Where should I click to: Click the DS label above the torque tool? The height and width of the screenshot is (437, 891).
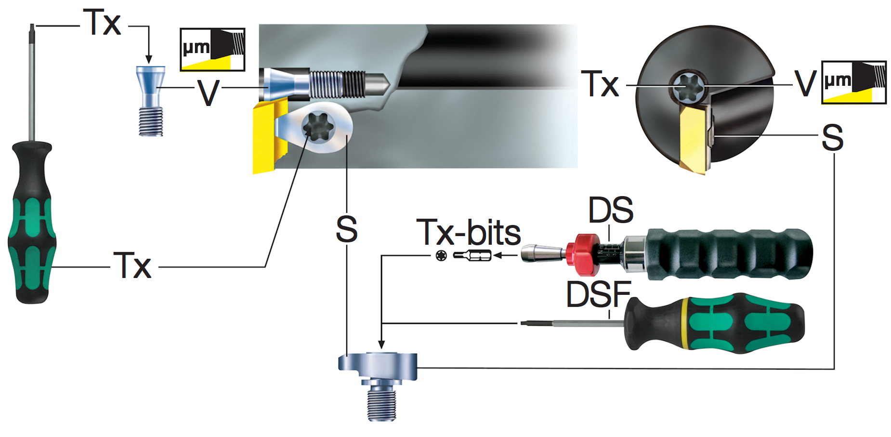pos(611,210)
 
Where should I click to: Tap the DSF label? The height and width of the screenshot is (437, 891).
pos(598,294)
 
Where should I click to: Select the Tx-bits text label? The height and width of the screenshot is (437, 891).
pos(468,232)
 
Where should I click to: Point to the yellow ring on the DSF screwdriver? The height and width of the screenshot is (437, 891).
pos(685,323)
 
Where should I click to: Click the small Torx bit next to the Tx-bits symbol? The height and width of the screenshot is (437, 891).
pos(472,255)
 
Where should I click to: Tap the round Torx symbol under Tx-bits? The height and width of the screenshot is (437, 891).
pos(441,255)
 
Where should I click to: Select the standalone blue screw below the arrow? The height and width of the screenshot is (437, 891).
pos(151,101)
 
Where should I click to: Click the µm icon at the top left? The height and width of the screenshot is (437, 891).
pos(212,50)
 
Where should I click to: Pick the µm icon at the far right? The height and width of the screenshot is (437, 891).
pos(853,82)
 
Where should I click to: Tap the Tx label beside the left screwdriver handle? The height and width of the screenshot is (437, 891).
pos(132,265)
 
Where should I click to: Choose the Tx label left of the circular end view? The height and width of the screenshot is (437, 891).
pos(600,83)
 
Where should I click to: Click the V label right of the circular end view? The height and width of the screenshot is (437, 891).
pos(805,83)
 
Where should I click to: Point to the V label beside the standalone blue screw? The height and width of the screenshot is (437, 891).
pos(208,93)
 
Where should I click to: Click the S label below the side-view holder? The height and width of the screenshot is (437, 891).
pos(347,229)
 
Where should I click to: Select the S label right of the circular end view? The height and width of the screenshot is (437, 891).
pos(833,137)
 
